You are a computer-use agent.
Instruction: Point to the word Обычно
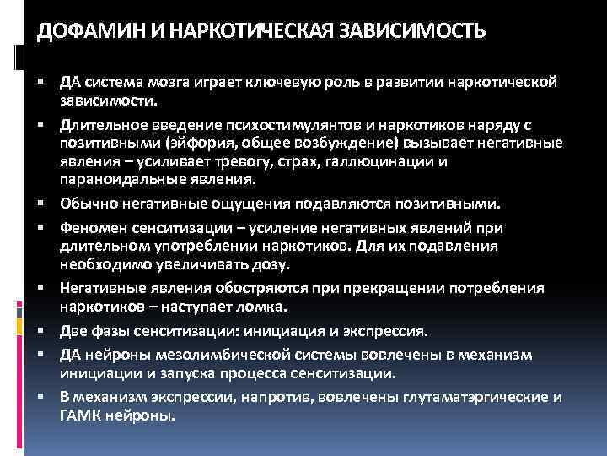click(85, 205)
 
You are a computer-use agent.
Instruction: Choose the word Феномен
click(91, 227)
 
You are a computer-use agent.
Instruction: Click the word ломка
click(267, 308)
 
